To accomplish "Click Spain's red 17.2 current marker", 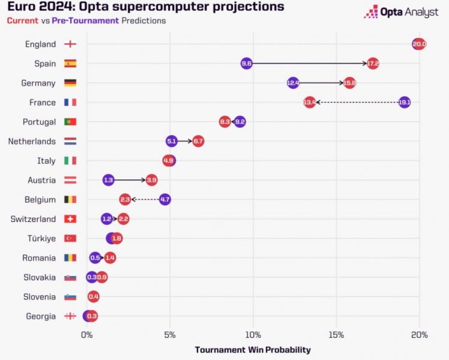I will (x=373, y=63).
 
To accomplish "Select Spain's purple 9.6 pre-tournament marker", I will (x=246, y=63).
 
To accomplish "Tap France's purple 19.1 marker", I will (x=405, y=102).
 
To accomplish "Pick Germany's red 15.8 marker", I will (x=349, y=83).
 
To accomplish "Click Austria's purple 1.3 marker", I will (x=108, y=180).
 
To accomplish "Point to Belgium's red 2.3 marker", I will (x=125, y=199).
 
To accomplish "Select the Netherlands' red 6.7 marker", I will (x=198, y=141).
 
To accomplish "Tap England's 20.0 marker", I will (x=419, y=44).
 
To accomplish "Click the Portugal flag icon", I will (x=70, y=122).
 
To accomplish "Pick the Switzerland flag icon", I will (x=70, y=219).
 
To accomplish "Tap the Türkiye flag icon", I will (x=70, y=238).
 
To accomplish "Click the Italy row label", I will (x=46, y=161).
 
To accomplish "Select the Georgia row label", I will (x=41, y=316).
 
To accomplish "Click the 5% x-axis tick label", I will (x=170, y=335).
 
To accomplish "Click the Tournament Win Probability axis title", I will (x=253, y=350).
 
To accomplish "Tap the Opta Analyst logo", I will (x=401, y=12).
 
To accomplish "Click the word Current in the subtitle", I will (x=22, y=20).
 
